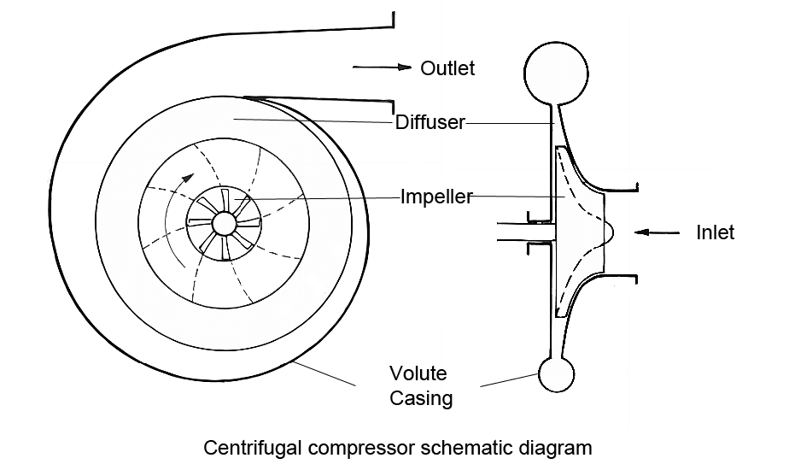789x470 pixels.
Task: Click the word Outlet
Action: (x=447, y=68)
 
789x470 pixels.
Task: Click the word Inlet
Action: (x=714, y=232)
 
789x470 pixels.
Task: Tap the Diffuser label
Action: (x=430, y=122)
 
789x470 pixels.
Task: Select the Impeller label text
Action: (x=436, y=197)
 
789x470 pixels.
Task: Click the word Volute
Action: (x=418, y=374)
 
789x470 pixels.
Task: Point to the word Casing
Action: (x=421, y=398)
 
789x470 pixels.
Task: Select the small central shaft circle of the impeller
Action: (x=224, y=223)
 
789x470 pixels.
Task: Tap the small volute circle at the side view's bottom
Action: (x=556, y=373)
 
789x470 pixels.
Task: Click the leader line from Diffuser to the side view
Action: (x=508, y=123)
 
